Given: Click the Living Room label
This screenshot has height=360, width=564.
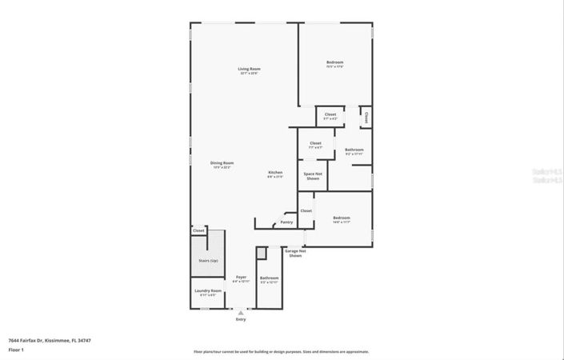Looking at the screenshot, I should (249, 69).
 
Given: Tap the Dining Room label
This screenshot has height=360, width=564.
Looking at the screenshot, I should (222, 163).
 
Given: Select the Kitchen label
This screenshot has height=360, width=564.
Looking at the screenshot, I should (275, 173).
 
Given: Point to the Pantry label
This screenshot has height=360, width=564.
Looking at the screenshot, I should (286, 222).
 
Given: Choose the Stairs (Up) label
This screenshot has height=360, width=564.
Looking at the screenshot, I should (208, 261).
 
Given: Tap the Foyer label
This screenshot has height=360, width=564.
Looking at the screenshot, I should (241, 278).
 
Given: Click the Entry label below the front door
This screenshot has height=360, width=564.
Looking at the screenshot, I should (241, 319).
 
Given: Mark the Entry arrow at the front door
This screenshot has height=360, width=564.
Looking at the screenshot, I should (241, 313).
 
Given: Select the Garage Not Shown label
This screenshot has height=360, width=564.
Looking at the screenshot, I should (295, 253).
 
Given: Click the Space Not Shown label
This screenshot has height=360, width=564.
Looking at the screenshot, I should (313, 176).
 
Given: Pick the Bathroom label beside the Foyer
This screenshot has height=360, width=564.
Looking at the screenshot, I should (269, 278).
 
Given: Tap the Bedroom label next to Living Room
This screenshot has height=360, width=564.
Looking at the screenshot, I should (334, 62).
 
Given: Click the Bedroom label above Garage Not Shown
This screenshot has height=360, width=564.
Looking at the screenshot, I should (342, 218).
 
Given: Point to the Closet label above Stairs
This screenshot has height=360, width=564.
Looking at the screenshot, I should (198, 230).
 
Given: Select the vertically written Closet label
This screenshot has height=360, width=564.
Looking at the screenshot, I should (366, 117).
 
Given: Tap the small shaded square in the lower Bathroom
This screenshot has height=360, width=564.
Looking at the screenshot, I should (261, 253).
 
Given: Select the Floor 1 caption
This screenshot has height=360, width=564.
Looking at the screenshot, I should (16, 350).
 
